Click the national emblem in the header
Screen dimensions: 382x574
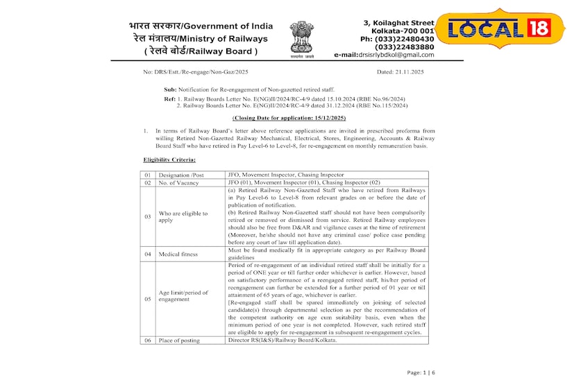[302, 40]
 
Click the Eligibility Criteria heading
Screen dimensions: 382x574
[165, 160]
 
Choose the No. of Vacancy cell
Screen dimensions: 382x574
[179, 183]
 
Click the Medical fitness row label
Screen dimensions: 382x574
[178, 254]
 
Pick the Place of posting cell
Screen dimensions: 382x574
[182, 340]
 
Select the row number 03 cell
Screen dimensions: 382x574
[148, 217]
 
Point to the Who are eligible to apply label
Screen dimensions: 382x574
[183, 217]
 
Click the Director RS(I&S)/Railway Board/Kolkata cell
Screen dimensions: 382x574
[282, 340]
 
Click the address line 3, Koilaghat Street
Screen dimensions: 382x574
[398, 23]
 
